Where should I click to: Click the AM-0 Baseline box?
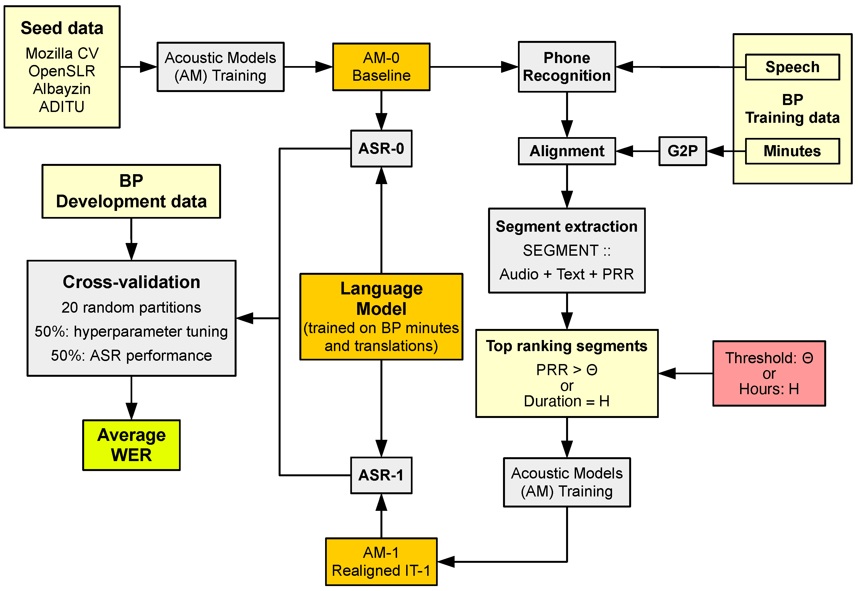381,67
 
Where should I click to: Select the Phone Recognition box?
566,67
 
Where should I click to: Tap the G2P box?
682,151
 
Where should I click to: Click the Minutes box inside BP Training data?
792,151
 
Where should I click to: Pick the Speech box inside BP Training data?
792,67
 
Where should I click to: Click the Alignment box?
566,151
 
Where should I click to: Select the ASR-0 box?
381,148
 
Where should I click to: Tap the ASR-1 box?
381,475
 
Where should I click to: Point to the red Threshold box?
769,373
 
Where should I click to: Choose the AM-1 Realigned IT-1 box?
381,561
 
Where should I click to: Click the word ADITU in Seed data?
62,107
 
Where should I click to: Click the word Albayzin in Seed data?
62,89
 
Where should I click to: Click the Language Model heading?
381,299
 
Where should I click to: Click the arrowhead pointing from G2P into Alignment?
624,151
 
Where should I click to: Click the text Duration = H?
566,401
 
